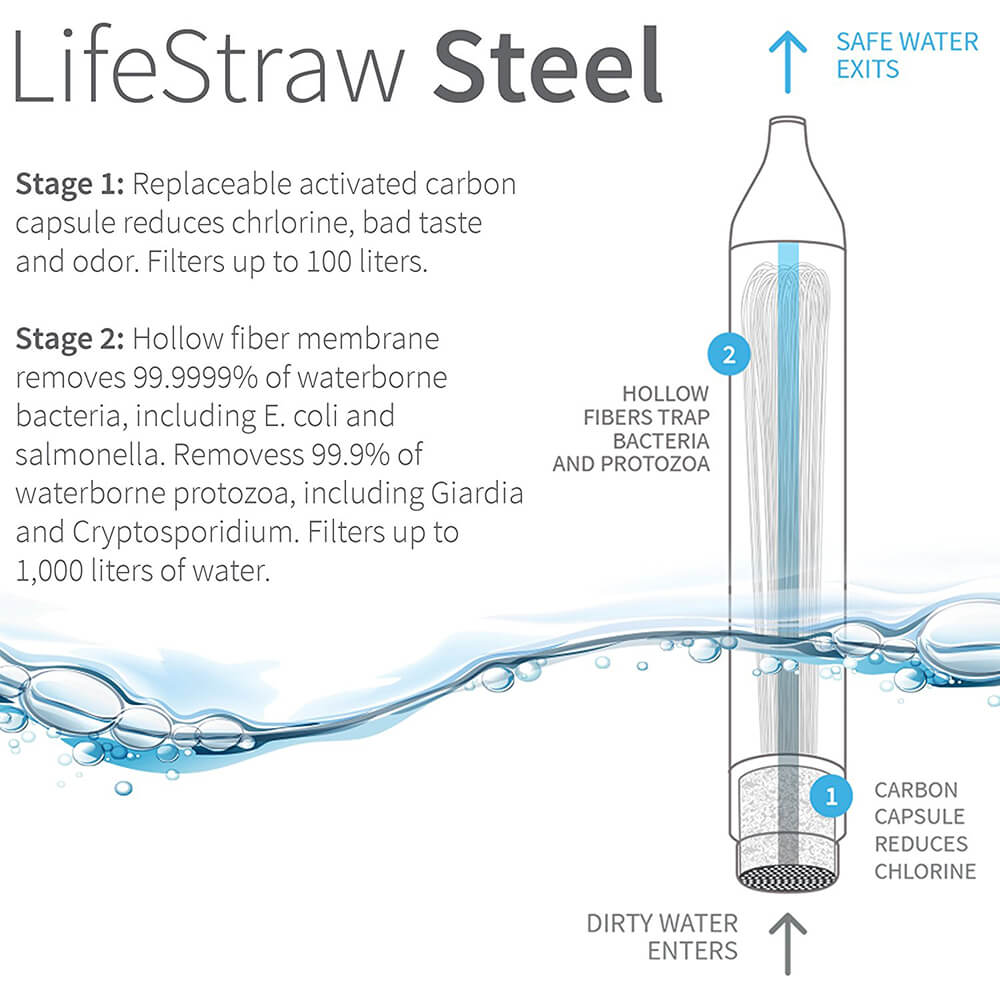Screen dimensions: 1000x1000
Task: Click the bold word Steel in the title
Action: click(548, 66)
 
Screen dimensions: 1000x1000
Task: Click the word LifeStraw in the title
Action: click(209, 66)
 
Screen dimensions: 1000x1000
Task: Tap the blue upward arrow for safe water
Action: click(788, 61)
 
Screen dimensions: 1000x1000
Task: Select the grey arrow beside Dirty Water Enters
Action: click(788, 944)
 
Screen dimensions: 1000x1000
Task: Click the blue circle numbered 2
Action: click(730, 354)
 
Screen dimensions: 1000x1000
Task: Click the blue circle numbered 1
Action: click(831, 796)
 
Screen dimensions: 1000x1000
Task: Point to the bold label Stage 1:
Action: click(70, 185)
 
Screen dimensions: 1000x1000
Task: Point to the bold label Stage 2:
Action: click(70, 339)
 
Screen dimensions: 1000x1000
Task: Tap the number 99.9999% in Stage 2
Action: click(195, 378)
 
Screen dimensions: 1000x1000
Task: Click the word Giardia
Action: click(477, 494)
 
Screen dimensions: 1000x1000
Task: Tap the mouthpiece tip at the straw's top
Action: click(788, 121)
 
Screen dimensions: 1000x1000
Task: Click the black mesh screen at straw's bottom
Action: click(788, 878)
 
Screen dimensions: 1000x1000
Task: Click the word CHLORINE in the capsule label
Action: click(925, 871)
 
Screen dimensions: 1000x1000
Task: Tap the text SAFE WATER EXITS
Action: click(907, 55)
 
